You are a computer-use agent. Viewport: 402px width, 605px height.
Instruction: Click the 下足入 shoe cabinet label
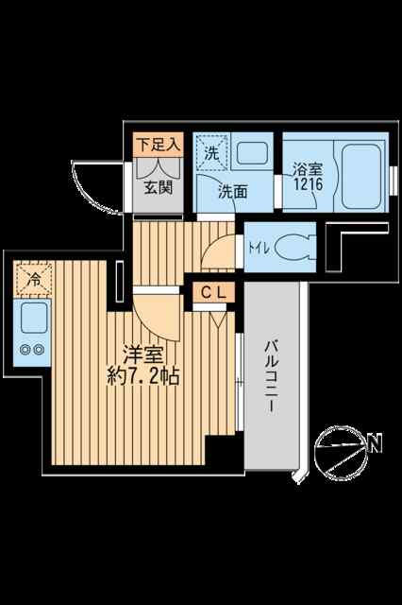[159, 145]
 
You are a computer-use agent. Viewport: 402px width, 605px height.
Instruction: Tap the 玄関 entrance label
[159, 188]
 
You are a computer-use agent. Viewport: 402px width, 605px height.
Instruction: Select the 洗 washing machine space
[211, 153]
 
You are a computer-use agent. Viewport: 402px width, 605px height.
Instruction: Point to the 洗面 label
[232, 192]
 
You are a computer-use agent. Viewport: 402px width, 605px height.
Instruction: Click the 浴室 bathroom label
[308, 169]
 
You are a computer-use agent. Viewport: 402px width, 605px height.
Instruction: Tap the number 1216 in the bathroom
[309, 183]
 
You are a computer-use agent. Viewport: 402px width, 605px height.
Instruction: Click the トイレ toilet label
[259, 248]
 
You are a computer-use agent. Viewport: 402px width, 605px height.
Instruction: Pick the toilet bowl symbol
[293, 248]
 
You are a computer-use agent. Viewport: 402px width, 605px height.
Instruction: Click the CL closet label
[213, 292]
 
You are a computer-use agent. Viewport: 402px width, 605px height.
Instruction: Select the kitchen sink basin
[34, 318]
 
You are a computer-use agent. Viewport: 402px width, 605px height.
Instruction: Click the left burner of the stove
[25, 350]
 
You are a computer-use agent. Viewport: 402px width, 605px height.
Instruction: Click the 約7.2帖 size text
[143, 376]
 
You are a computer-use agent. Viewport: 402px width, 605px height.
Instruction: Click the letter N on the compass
[375, 443]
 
